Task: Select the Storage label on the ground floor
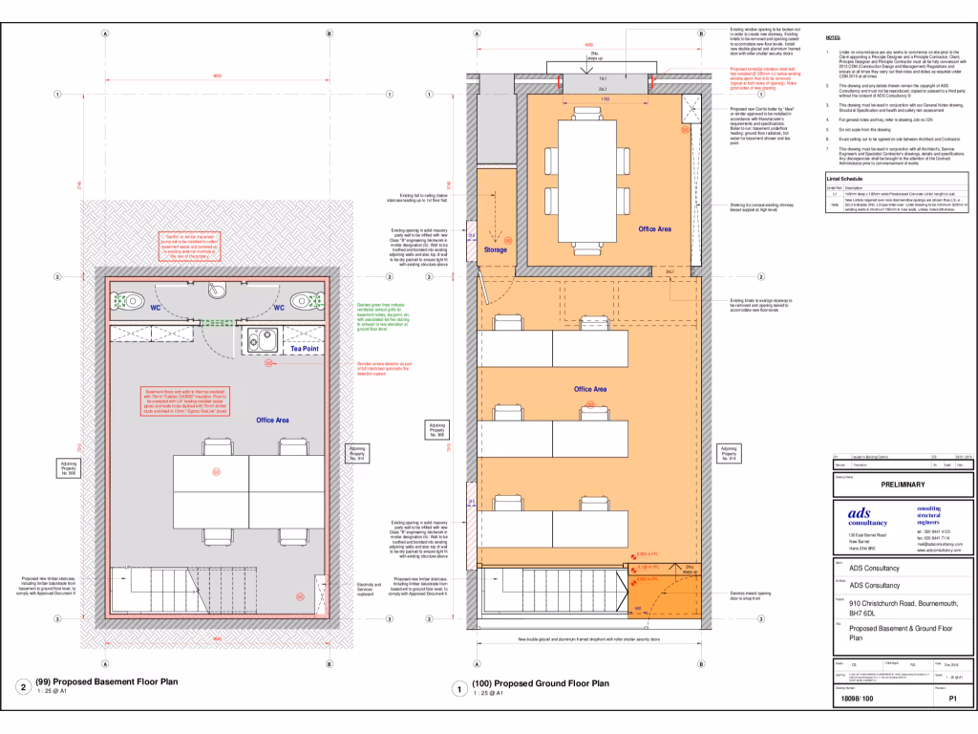(x=496, y=250)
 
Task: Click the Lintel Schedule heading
(x=845, y=179)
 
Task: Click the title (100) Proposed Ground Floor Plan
(x=541, y=683)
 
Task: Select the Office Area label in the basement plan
(x=272, y=420)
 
